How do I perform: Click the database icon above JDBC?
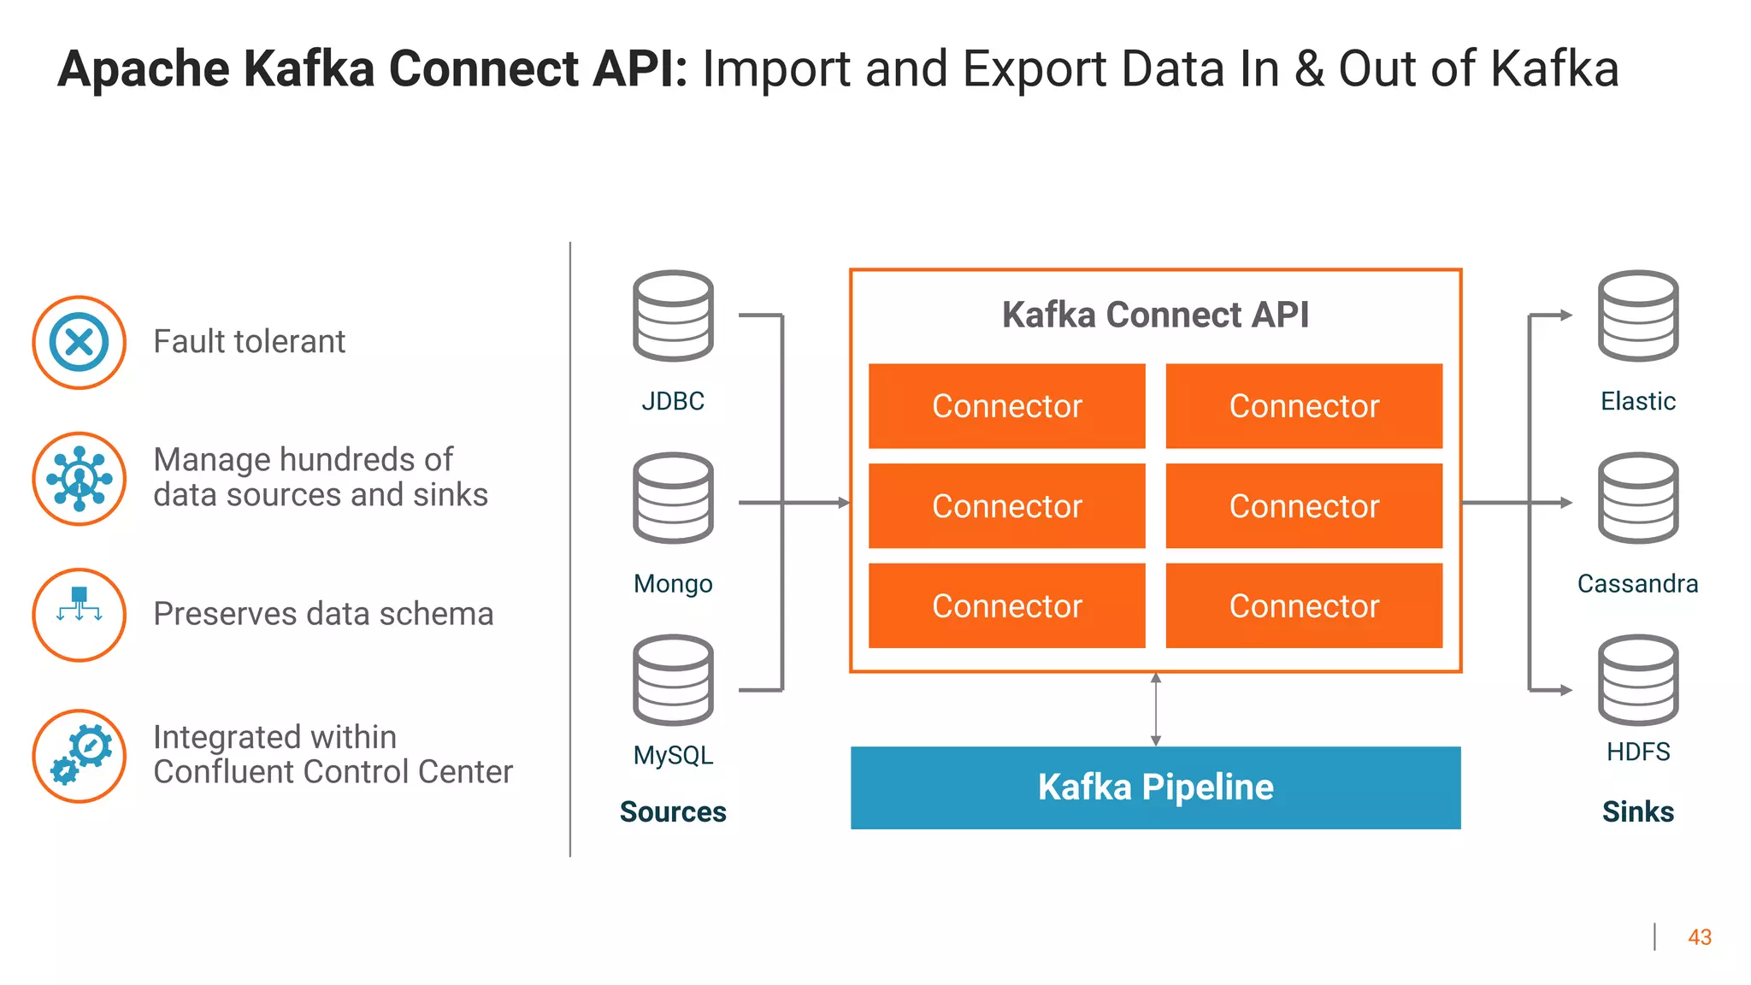[673, 316]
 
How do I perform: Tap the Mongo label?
[673, 584]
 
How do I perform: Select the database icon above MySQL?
[673, 680]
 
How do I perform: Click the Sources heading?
[673, 811]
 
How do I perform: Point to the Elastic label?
[1637, 401]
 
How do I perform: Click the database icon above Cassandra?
[1637, 498]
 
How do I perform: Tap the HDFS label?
[1637, 752]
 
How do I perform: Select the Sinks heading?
[1637, 811]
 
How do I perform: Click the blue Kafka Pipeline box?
[1155, 787]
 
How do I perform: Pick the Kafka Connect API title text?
[1155, 315]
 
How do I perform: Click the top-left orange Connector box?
[1006, 406]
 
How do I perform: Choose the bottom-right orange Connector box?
[1304, 605]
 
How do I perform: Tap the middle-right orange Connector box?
[1304, 506]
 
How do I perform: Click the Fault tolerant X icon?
[80, 343]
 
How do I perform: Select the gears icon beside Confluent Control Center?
[80, 756]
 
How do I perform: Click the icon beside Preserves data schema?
[80, 615]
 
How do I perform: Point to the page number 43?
[1699, 938]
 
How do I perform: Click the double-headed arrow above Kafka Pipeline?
[1155, 710]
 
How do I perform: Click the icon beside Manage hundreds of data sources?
[80, 479]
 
